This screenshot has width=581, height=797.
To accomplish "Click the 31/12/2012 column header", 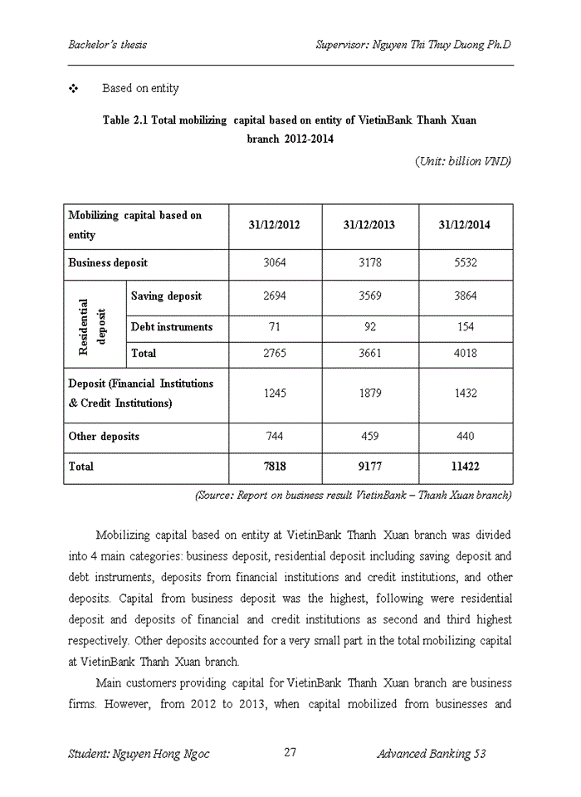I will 274,225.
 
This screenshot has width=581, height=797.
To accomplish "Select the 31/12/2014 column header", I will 466,225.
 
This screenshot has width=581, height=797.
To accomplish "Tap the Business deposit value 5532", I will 466,263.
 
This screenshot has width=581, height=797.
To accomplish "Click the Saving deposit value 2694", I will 274,296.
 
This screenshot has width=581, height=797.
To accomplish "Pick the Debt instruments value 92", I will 369,327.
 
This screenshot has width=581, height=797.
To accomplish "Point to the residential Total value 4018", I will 466,354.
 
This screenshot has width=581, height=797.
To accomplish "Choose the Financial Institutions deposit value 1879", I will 369,394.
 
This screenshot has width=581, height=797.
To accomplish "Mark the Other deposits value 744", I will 274,437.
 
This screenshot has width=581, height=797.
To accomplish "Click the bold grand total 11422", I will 466,467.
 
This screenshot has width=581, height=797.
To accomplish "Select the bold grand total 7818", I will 274,467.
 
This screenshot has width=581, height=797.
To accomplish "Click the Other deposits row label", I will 104,437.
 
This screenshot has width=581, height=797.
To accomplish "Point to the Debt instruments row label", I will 172,327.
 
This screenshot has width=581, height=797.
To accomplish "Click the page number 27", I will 290,753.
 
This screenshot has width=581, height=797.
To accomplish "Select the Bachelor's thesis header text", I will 107,44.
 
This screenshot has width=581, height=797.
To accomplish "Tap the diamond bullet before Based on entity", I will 73,88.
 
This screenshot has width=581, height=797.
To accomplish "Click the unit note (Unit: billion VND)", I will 462,161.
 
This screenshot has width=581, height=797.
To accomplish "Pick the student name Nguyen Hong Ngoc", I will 139,754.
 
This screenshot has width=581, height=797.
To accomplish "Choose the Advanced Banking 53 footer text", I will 431,754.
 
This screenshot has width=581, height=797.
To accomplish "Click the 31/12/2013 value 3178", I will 369,263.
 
